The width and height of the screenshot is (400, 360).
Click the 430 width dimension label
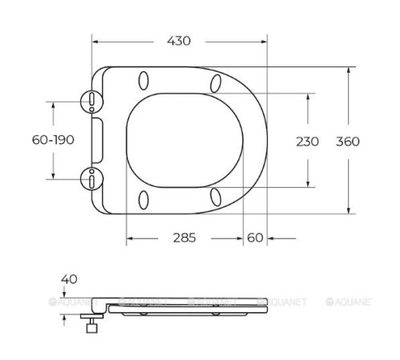click(x=178, y=41)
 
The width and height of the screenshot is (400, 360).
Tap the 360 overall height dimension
click(x=347, y=142)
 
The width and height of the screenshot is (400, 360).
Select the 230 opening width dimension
click(x=307, y=142)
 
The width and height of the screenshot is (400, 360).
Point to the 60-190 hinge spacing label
click(x=54, y=139)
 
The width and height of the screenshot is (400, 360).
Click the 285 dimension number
click(x=185, y=238)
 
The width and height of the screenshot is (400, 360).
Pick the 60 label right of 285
click(x=255, y=238)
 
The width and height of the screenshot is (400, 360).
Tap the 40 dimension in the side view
click(x=69, y=279)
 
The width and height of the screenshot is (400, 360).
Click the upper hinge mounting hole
click(x=94, y=100)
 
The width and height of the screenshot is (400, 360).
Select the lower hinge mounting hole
click(x=94, y=178)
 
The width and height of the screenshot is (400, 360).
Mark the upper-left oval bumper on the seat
click(x=144, y=81)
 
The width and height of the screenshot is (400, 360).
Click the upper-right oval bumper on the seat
click(x=215, y=82)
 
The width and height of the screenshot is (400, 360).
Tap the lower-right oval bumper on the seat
click(x=215, y=197)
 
